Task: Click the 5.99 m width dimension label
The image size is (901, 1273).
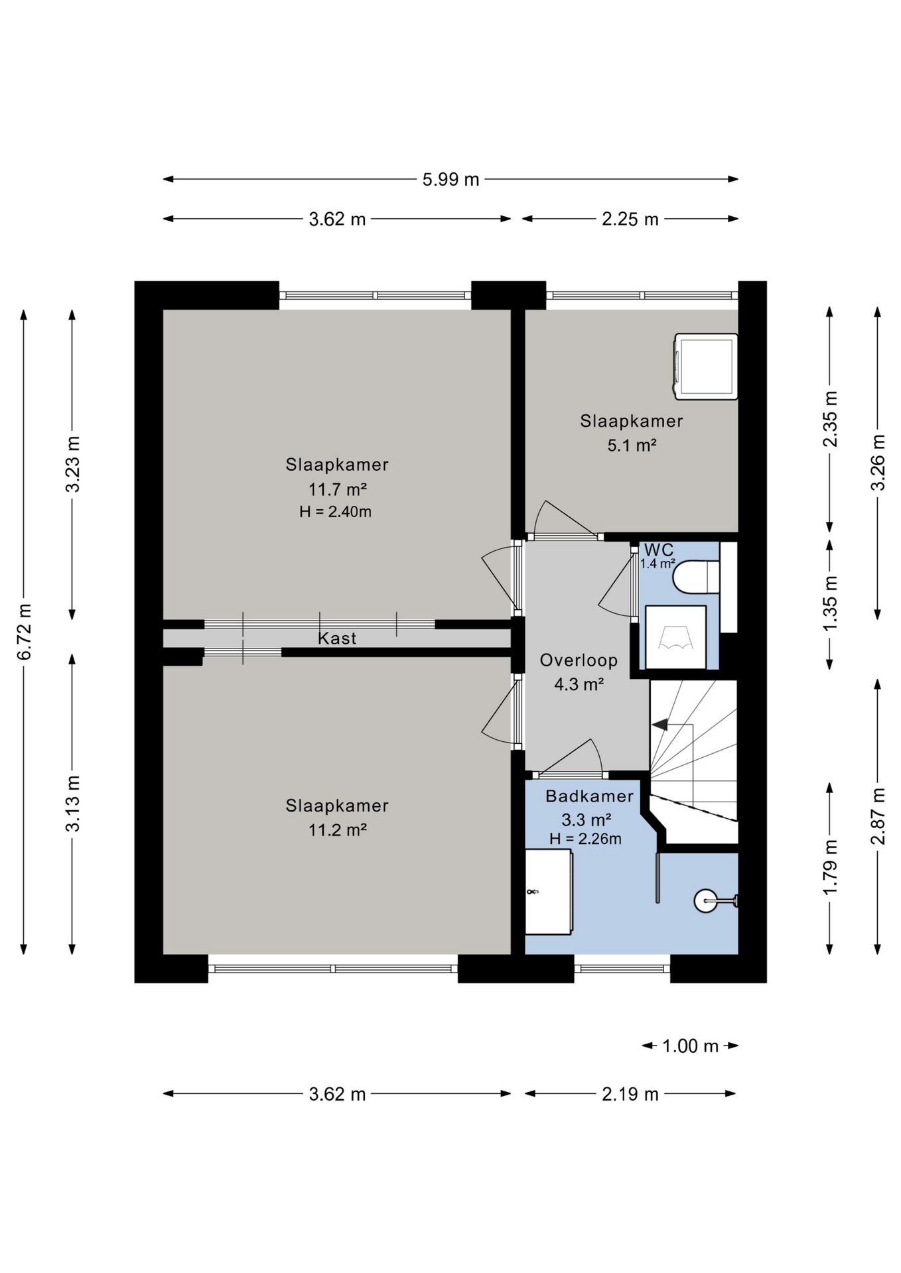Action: (450, 180)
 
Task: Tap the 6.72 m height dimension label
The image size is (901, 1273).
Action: (25, 632)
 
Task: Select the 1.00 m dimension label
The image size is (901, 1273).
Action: (690, 1046)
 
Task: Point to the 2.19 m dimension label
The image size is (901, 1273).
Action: (630, 1093)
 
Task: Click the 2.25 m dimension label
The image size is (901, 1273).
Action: (630, 219)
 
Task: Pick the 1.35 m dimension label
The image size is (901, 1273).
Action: (830, 603)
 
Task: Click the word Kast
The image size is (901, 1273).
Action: (337, 638)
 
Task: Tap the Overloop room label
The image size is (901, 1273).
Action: (579, 660)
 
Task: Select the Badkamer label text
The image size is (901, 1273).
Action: (589, 796)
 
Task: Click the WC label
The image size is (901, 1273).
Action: (659, 550)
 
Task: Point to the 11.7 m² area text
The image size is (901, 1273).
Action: (338, 489)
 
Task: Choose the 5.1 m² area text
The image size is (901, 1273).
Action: (632, 445)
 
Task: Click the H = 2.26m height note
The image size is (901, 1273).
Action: (585, 839)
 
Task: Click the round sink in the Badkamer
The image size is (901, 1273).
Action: (705, 901)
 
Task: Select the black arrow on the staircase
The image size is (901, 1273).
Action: (660, 725)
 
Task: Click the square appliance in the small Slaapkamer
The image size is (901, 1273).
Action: (706, 367)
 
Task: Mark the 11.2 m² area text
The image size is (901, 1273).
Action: (338, 829)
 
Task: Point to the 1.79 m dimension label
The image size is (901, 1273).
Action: (830, 867)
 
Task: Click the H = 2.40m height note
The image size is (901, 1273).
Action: (335, 511)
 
